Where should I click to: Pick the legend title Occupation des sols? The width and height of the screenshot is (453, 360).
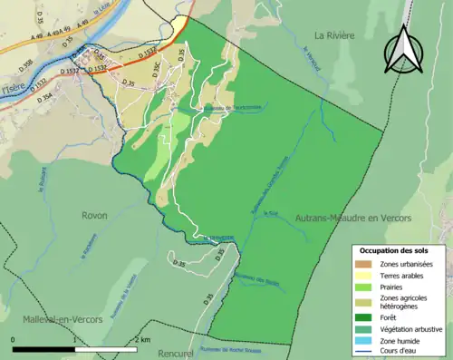tap(395, 249)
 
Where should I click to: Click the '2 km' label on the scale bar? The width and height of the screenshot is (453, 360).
tap(140, 339)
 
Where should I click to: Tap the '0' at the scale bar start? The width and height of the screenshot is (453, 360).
tap(13, 339)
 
